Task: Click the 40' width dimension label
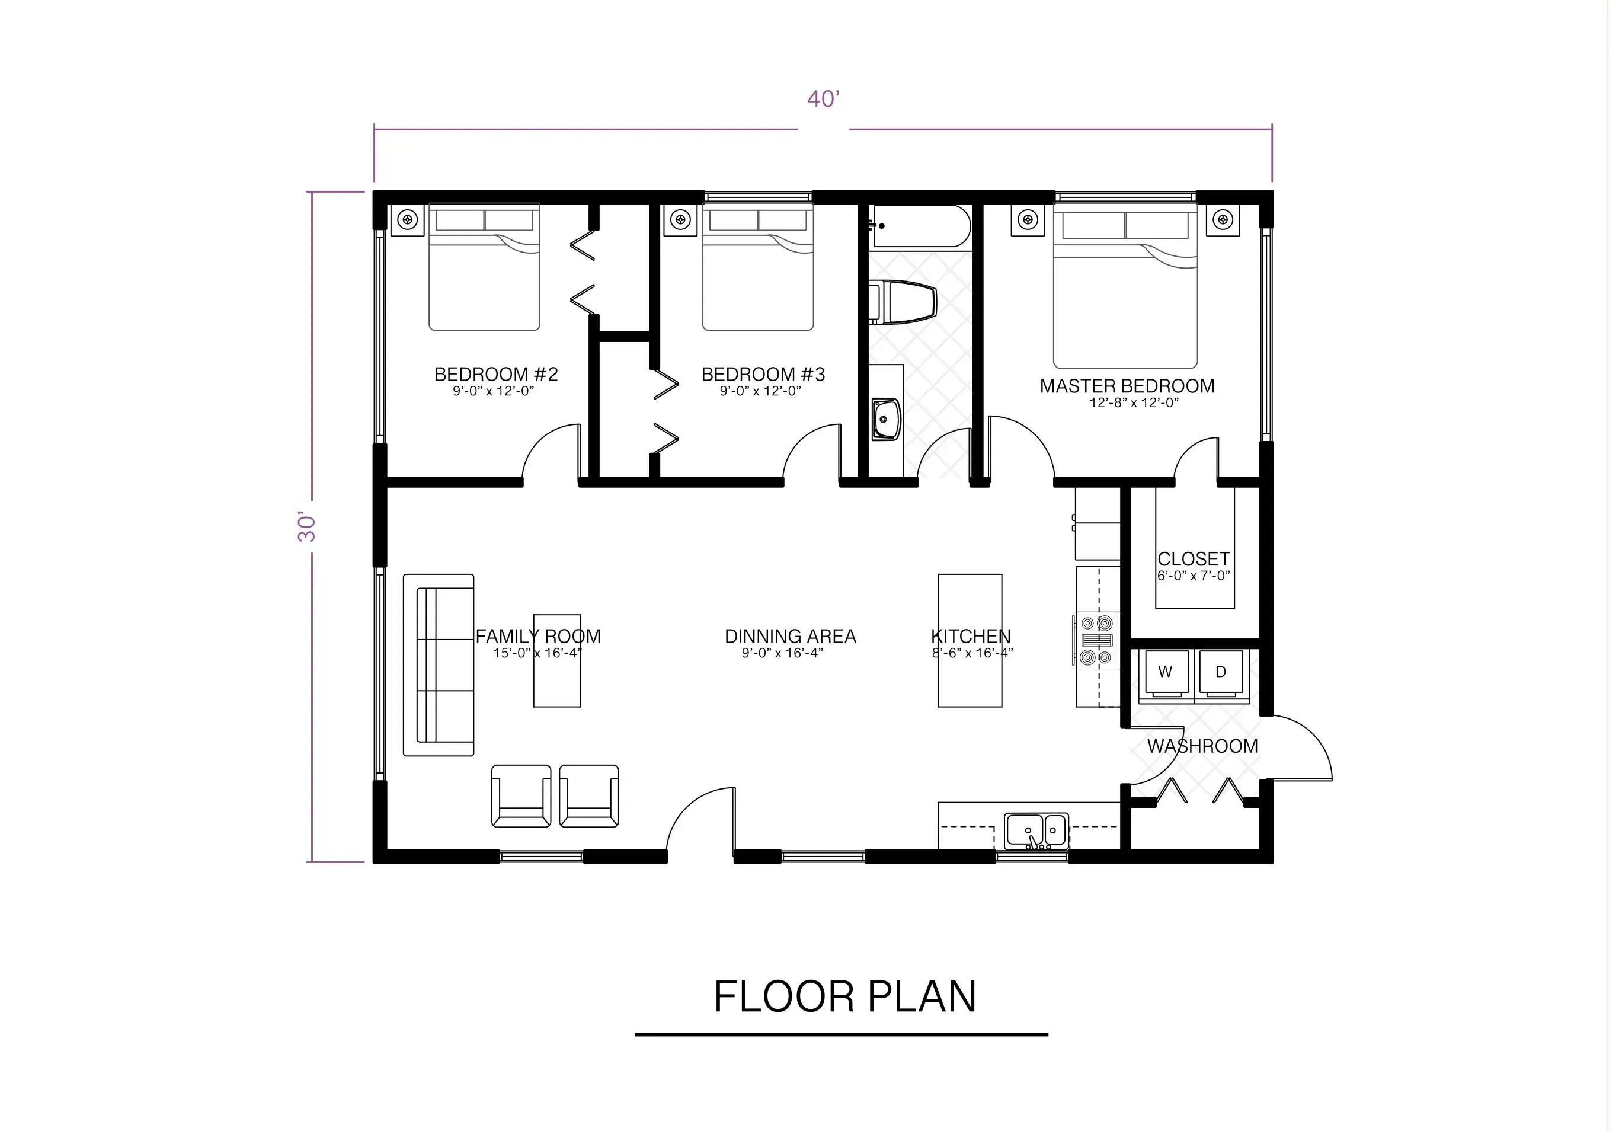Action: pos(823,100)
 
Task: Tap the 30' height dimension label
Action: pos(307,527)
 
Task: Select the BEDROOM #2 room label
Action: pos(495,375)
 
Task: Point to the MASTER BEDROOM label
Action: pos(1127,386)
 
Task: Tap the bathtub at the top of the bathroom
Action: pos(921,226)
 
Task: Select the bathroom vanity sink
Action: pos(886,419)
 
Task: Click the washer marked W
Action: pos(1164,673)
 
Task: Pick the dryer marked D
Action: pos(1221,673)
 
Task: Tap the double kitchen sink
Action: pos(1036,831)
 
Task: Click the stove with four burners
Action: pos(1096,640)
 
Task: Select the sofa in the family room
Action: pos(438,665)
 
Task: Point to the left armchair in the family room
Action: pos(521,795)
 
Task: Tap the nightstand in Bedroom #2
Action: pos(408,220)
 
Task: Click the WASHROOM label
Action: pos(1202,746)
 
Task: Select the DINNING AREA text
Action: pos(790,637)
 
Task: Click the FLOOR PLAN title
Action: pos(844,996)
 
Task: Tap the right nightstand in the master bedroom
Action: pos(1222,220)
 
